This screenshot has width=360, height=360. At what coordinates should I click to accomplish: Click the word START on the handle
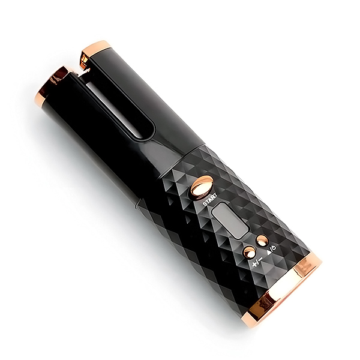point(209,200)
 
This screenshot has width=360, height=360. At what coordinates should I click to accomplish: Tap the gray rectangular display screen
point(230,220)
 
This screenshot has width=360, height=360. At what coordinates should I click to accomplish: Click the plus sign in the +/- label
point(254,265)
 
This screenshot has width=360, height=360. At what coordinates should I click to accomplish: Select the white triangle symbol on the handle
point(269,253)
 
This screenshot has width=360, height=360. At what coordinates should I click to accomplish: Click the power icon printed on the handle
point(274,247)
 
